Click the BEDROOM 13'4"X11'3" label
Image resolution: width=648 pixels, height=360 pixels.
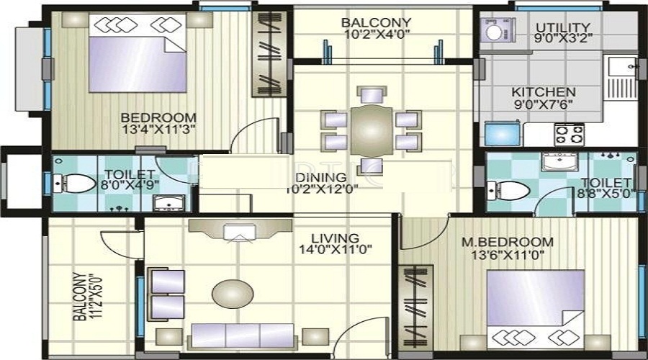158,124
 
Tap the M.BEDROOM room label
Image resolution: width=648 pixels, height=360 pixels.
507,248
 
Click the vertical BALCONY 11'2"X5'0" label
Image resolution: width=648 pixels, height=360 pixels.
85,295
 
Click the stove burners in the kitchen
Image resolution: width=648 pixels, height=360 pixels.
568,134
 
